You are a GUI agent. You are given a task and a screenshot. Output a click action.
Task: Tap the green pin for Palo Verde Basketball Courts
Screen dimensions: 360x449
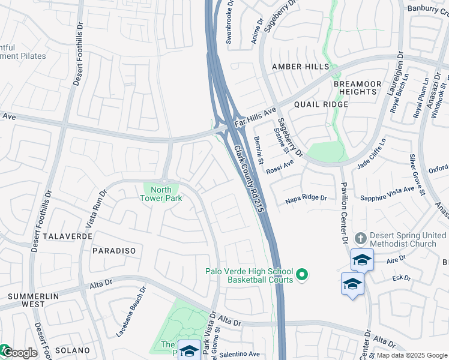tap(303, 275)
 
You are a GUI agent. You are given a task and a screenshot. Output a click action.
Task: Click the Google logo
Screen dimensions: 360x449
tap(19, 352)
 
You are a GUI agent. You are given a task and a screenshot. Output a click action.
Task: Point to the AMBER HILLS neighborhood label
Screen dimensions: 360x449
tap(300, 66)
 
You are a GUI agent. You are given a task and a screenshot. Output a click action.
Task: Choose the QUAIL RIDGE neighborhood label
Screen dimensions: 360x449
tap(321, 104)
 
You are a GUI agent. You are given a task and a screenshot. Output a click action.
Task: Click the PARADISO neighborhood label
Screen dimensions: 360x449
tap(114, 250)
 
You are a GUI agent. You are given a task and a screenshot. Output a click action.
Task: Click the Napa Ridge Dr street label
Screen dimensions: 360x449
tap(306, 197)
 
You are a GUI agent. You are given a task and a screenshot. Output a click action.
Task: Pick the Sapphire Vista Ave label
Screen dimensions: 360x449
tap(387, 193)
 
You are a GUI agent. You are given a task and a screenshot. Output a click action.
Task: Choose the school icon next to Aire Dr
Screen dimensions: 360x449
tap(362, 260)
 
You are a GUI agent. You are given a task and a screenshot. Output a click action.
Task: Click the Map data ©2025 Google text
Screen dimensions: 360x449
tap(412, 355)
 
